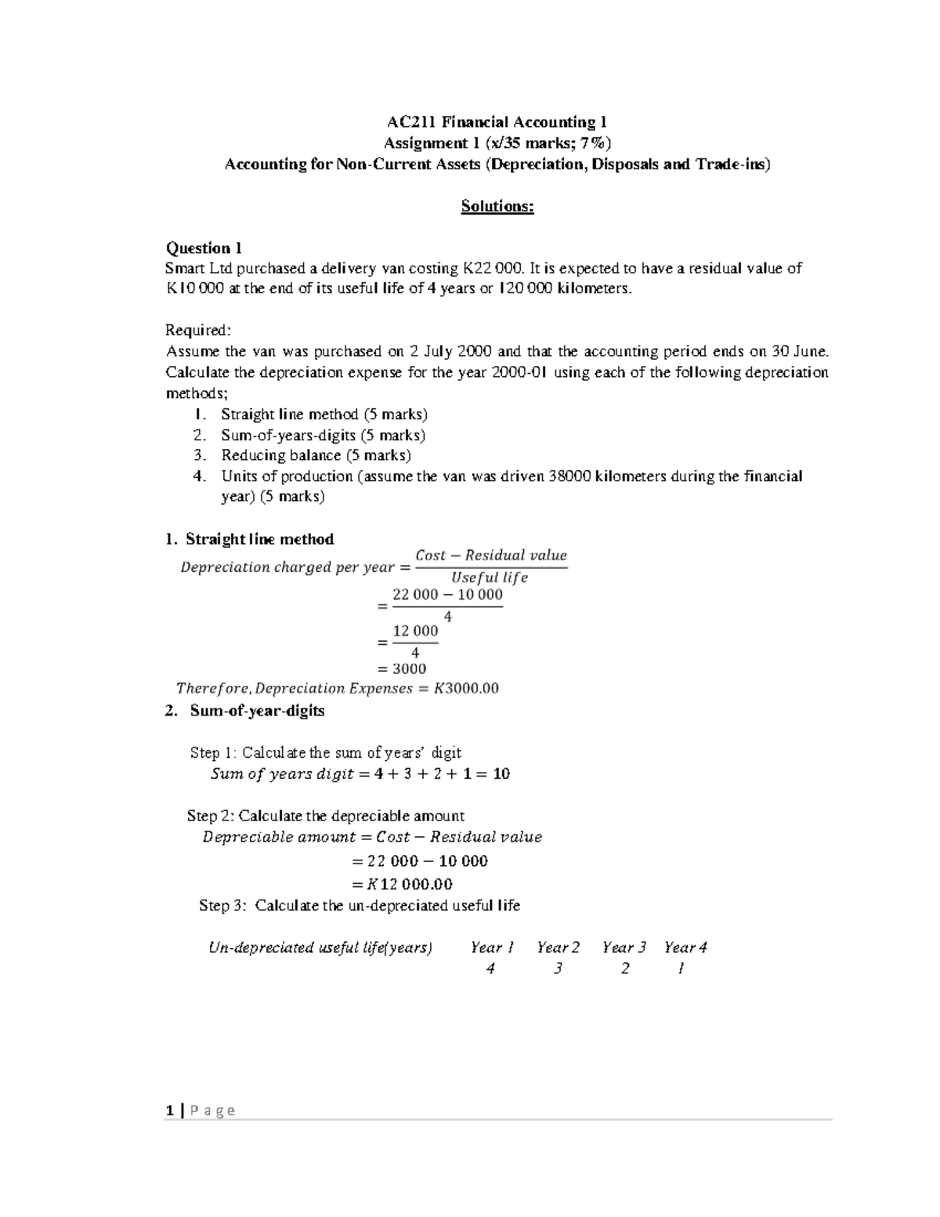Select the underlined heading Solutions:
497,206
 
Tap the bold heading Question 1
204,248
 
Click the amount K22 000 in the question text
493,269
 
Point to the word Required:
198,331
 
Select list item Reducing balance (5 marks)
316,455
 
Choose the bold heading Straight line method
259,539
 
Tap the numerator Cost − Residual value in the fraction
490,556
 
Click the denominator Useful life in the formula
490,578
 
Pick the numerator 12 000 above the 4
415,631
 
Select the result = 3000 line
402,668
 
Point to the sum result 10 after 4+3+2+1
501,774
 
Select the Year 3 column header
624,947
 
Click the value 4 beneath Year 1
490,969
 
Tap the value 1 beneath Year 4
681,969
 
